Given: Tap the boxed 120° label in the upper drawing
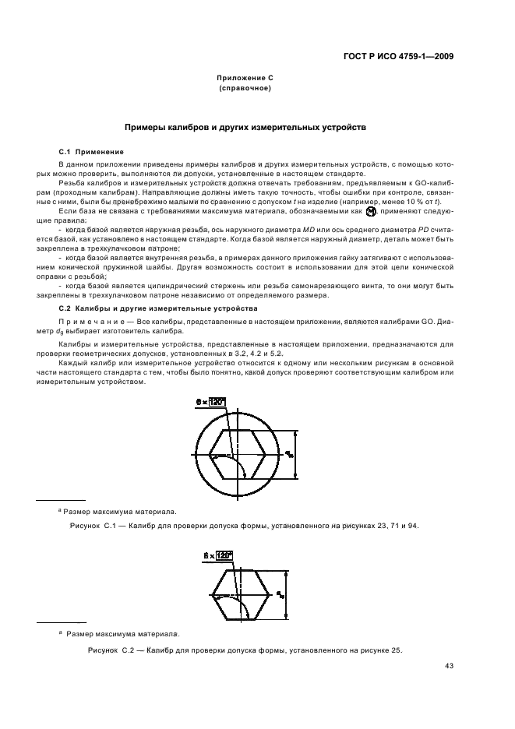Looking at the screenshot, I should (215, 401).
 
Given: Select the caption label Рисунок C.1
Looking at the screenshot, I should (93, 526).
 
